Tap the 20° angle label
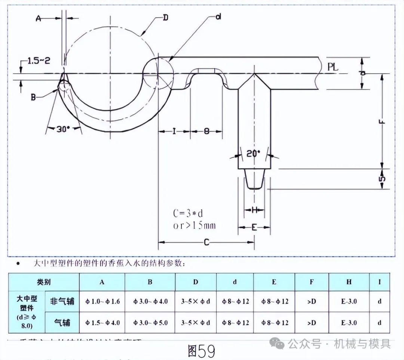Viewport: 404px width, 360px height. point(253,153)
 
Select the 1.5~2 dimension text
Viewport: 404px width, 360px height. point(39,61)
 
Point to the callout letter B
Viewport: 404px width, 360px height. point(33,97)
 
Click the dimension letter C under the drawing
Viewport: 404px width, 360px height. point(206,242)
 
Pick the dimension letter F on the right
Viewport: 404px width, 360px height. point(382,122)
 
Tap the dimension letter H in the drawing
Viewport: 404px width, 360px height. point(254,210)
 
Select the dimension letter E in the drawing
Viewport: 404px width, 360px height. point(254,227)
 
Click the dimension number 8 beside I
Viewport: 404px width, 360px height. point(206,131)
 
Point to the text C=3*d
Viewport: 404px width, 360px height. point(188,213)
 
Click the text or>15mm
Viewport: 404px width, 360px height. point(194,225)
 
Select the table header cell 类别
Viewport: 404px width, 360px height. point(44,282)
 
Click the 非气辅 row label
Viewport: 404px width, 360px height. point(62,301)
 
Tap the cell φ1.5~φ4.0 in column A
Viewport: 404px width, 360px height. point(102,323)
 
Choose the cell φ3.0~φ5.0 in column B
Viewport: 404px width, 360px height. point(150,323)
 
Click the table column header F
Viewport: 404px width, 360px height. point(312,282)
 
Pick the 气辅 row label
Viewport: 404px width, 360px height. point(62,322)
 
